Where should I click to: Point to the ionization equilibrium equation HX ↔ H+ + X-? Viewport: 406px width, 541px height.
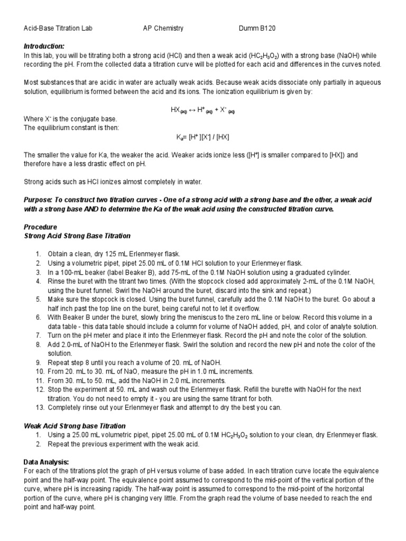202,109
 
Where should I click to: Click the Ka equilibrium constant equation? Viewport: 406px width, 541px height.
202,137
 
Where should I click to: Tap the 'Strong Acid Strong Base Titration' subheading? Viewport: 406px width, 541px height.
77,236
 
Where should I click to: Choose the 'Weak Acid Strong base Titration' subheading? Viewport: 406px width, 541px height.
75,425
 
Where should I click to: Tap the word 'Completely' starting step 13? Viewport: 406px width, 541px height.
66,407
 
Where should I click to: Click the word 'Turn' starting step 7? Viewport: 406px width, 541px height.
55,335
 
